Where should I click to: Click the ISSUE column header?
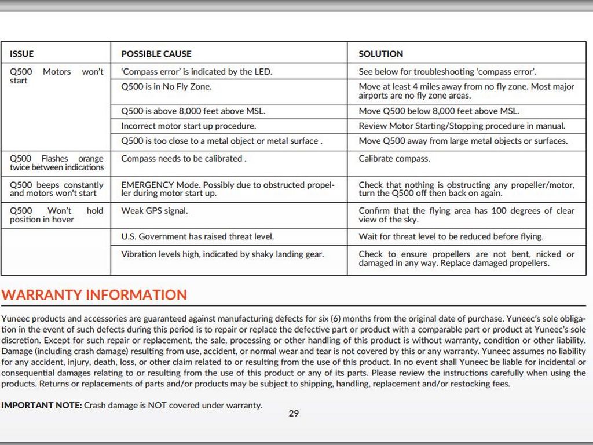pyautogui.click(x=21, y=54)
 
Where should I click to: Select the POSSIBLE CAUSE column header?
pyautogui.click(x=156, y=54)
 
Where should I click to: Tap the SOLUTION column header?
pyautogui.click(x=380, y=54)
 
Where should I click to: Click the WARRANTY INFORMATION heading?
pyautogui.click(x=94, y=294)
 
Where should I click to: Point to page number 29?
pyautogui.click(x=294, y=414)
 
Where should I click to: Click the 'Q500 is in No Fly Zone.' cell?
pyautogui.click(x=166, y=87)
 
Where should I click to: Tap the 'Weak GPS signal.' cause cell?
pyautogui.click(x=154, y=211)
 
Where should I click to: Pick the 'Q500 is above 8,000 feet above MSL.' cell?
pyautogui.click(x=193, y=111)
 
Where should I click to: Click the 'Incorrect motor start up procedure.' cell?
pyautogui.click(x=188, y=126)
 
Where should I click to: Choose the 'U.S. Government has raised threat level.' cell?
pyautogui.click(x=197, y=236)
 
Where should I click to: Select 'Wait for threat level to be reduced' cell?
pyautogui.click(x=451, y=236)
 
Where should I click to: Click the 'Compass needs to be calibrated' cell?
pyautogui.click(x=184, y=159)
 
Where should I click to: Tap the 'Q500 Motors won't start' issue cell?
pyautogui.click(x=56, y=76)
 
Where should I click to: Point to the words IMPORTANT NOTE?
pyautogui.click(x=42, y=406)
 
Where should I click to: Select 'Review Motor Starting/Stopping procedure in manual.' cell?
pyautogui.click(x=462, y=126)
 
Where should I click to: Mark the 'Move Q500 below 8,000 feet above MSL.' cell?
pyautogui.click(x=438, y=111)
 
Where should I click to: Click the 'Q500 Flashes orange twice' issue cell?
pyautogui.click(x=56, y=163)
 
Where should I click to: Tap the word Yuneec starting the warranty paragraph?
pyautogui.click(x=16, y=318)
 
